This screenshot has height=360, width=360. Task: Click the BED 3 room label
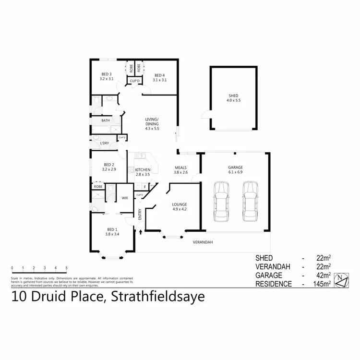point(106,74)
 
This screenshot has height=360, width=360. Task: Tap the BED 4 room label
point(159,75)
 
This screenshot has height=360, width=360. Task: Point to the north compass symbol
point(341,280)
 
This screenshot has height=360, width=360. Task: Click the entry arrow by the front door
point(141,233)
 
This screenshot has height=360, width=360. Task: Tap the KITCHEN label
point(143,170)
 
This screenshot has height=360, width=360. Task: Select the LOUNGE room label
point(179,205)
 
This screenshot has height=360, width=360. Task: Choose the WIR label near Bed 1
point(125,198)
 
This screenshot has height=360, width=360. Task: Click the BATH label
point(106,120)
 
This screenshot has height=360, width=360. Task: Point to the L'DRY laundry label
point(104,143)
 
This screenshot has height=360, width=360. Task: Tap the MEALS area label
point(180,168)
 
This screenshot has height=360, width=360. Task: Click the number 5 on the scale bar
point(67,267)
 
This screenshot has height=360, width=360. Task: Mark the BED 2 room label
point(108,165)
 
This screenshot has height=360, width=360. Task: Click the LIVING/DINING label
point(152,121)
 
